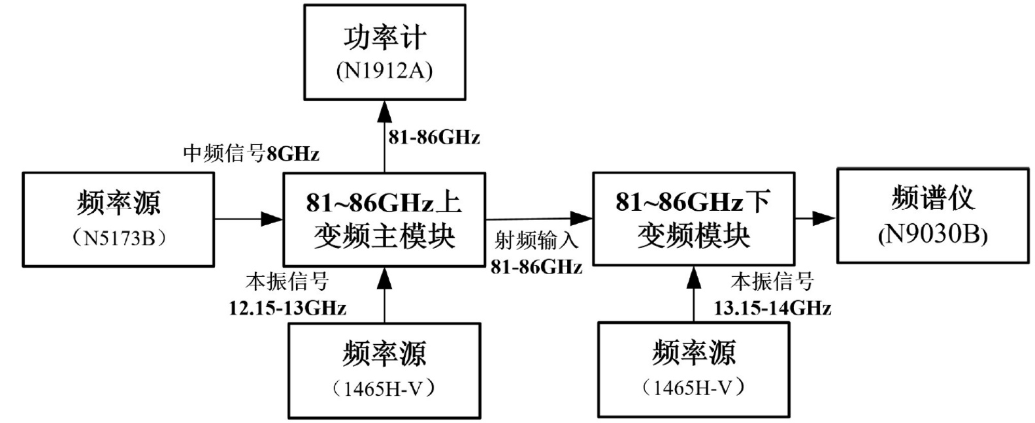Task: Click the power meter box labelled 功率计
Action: click(384, 52)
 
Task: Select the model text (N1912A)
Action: click(384, 70)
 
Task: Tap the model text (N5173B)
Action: click(118, 238)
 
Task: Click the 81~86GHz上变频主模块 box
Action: click(384, 219)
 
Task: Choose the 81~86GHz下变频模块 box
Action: click(693, 218)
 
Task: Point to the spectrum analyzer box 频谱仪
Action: click(932, 215)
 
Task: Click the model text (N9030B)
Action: click(932, 234)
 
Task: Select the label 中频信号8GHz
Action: click(251, 153)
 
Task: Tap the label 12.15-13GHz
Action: click(287, 307)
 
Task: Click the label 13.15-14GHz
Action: click(772, 307)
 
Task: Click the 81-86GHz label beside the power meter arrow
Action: click(434, 137)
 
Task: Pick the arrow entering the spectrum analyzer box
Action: click(815, 218)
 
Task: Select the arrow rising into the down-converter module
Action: click(693, 294)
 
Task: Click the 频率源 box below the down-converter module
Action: click(693, 369)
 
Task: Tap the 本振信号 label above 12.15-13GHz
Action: click(287, 282)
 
